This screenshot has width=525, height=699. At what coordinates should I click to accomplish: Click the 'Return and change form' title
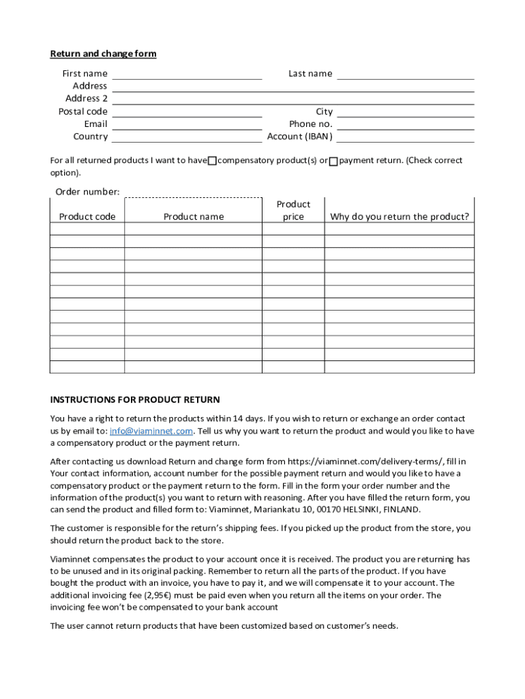103,54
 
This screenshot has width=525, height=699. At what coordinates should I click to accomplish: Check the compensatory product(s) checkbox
212,161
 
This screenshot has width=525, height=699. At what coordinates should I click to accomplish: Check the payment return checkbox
333,161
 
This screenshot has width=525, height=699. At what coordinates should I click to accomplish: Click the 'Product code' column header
87,217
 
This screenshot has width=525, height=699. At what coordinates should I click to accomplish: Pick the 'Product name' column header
193,217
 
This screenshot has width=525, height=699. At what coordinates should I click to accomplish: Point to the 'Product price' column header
293,210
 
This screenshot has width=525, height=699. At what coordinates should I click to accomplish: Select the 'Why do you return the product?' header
400,217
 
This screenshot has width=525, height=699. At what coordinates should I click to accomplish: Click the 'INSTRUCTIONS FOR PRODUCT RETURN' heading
135,400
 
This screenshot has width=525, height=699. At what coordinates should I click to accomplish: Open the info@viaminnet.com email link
151,431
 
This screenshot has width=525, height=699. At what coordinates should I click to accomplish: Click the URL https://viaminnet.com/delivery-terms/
365,461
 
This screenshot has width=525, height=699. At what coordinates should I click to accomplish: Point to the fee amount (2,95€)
161,595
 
